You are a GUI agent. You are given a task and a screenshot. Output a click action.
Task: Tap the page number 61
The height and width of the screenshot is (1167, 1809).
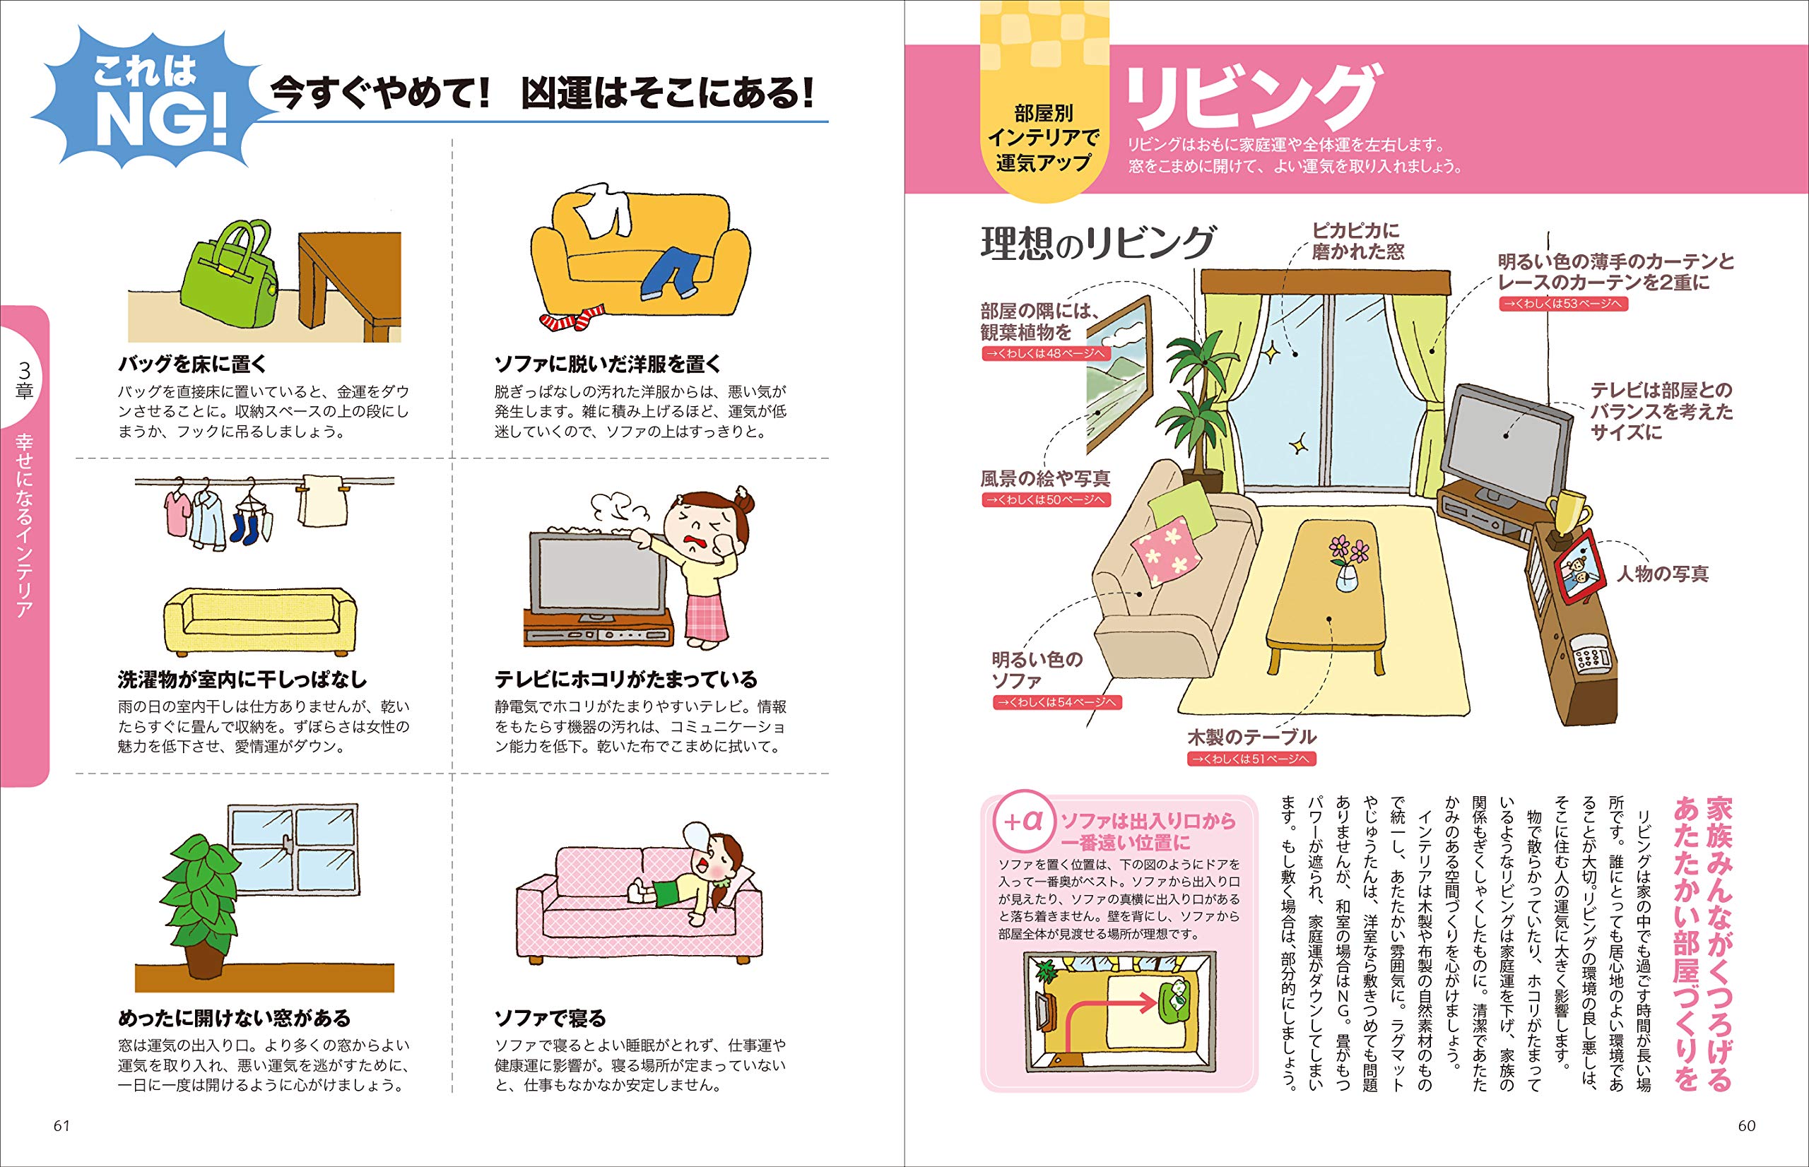coord(61,1125)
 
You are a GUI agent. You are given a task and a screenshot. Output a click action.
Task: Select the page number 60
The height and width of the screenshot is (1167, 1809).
coord(1746,1125)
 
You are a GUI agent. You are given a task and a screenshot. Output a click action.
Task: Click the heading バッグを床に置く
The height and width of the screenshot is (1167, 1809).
coord(192,364)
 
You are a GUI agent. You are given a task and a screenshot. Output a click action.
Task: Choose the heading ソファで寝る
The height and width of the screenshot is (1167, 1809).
coord(550,1018)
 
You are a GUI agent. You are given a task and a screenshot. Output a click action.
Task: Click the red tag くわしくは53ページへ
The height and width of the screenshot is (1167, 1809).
coord(1562,304)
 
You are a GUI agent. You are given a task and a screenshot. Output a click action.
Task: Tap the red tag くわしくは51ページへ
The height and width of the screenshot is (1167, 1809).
coord(1251,759)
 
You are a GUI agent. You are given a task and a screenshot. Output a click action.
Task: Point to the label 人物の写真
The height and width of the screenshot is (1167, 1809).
coord(1663,574)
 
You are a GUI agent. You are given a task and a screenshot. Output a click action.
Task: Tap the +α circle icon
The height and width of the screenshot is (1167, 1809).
coord(1023,822)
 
